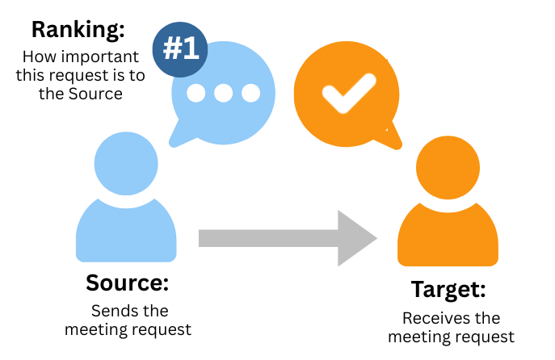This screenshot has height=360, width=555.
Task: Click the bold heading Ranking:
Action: point(78,31)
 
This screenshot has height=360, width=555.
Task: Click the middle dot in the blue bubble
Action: point(224,93)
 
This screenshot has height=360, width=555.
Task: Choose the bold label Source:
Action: point(127,283)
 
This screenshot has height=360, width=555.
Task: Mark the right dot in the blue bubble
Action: point(250,93)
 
